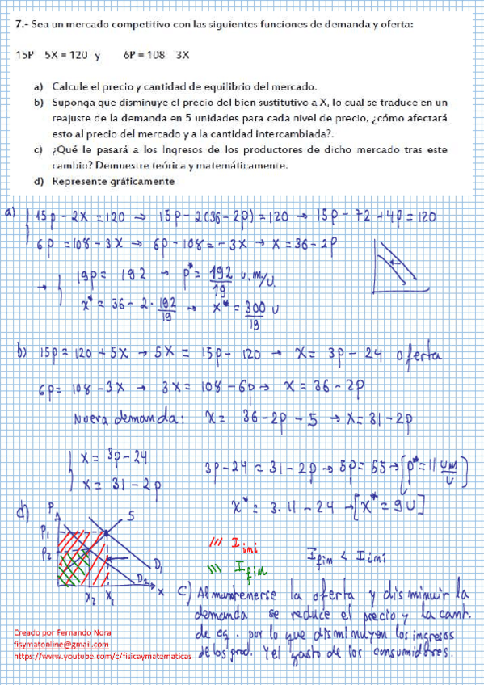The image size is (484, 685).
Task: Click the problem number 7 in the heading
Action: click(x=19, y=24)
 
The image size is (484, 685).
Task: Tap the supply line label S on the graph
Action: click(x=129, y=515)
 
